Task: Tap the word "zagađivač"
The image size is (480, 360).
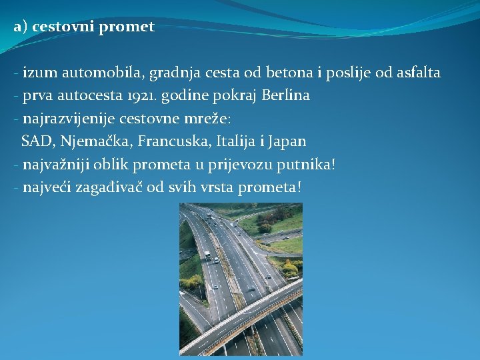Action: pos(111,187)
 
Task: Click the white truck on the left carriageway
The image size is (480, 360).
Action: pos(207,256)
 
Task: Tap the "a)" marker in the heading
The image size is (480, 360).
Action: pos(19,27)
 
